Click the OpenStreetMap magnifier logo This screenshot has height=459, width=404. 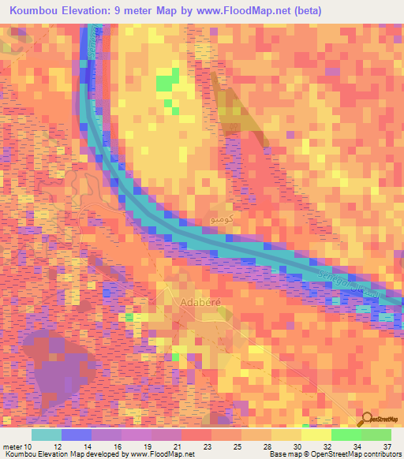(368, 418)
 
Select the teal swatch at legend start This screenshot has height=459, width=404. (47, 435)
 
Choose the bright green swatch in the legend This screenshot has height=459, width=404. (346, 435)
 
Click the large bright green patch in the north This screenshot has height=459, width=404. (166, 80)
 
